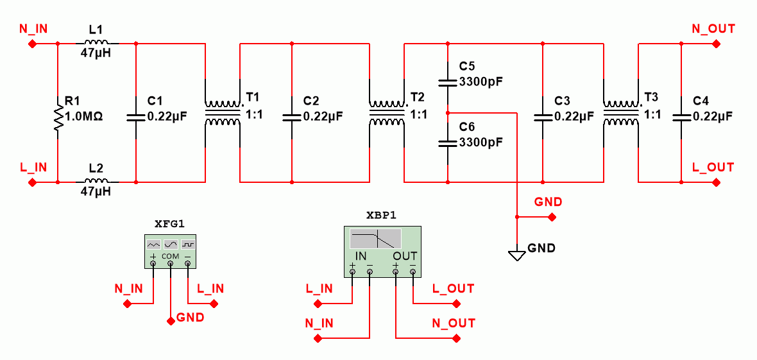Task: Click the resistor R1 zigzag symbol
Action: pyautogui.click(x=58, y=118)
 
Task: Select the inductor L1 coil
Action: pyautogui.click(x=97, y=43)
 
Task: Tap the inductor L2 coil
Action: pyautogui.click(x=97, y=182)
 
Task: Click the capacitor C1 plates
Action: pyautogui.click(x=136, y=117)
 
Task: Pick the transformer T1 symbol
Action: pyautogui.click(x=222, y=112)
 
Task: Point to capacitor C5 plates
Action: pyautogui.click(x=448, y=82)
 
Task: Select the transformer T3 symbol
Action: pyautogui.click(x=620, y=112)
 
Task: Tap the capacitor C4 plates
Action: pyautogui.click(x=681, y=117)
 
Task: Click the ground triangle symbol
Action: pyautogui.click(x=516, y=255)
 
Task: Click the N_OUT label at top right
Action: pyautogui.click(x=713, y=29)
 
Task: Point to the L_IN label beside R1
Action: pyautogui.click(x=33, y=167)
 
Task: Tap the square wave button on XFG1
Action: pyautogui.click(x=187, y=244)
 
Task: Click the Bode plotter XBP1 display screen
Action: pyautogui.click(x=375, y=239)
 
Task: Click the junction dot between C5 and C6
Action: pyautogui.click(x=448, y=112)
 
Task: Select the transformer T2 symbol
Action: pyautogui.click(x=387, y=112)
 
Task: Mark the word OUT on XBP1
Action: pyautogui.click(x=405, y=255)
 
